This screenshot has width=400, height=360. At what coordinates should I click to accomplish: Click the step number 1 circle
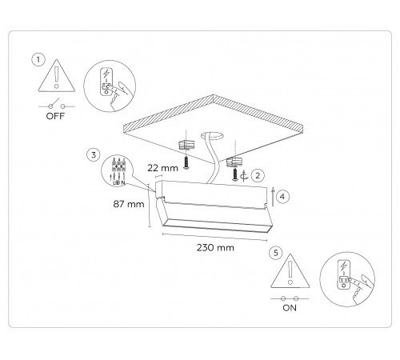tap(37, 60)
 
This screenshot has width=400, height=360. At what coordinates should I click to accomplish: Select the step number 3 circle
tap(94, 153)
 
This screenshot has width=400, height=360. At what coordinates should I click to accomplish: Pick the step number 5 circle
tap(275, 253)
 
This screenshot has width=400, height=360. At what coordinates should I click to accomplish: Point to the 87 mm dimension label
tap(127, 204)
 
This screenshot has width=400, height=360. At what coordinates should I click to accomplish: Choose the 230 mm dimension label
tap(216, 248)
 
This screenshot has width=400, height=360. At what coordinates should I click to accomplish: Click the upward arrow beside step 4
tap(274, 194)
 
